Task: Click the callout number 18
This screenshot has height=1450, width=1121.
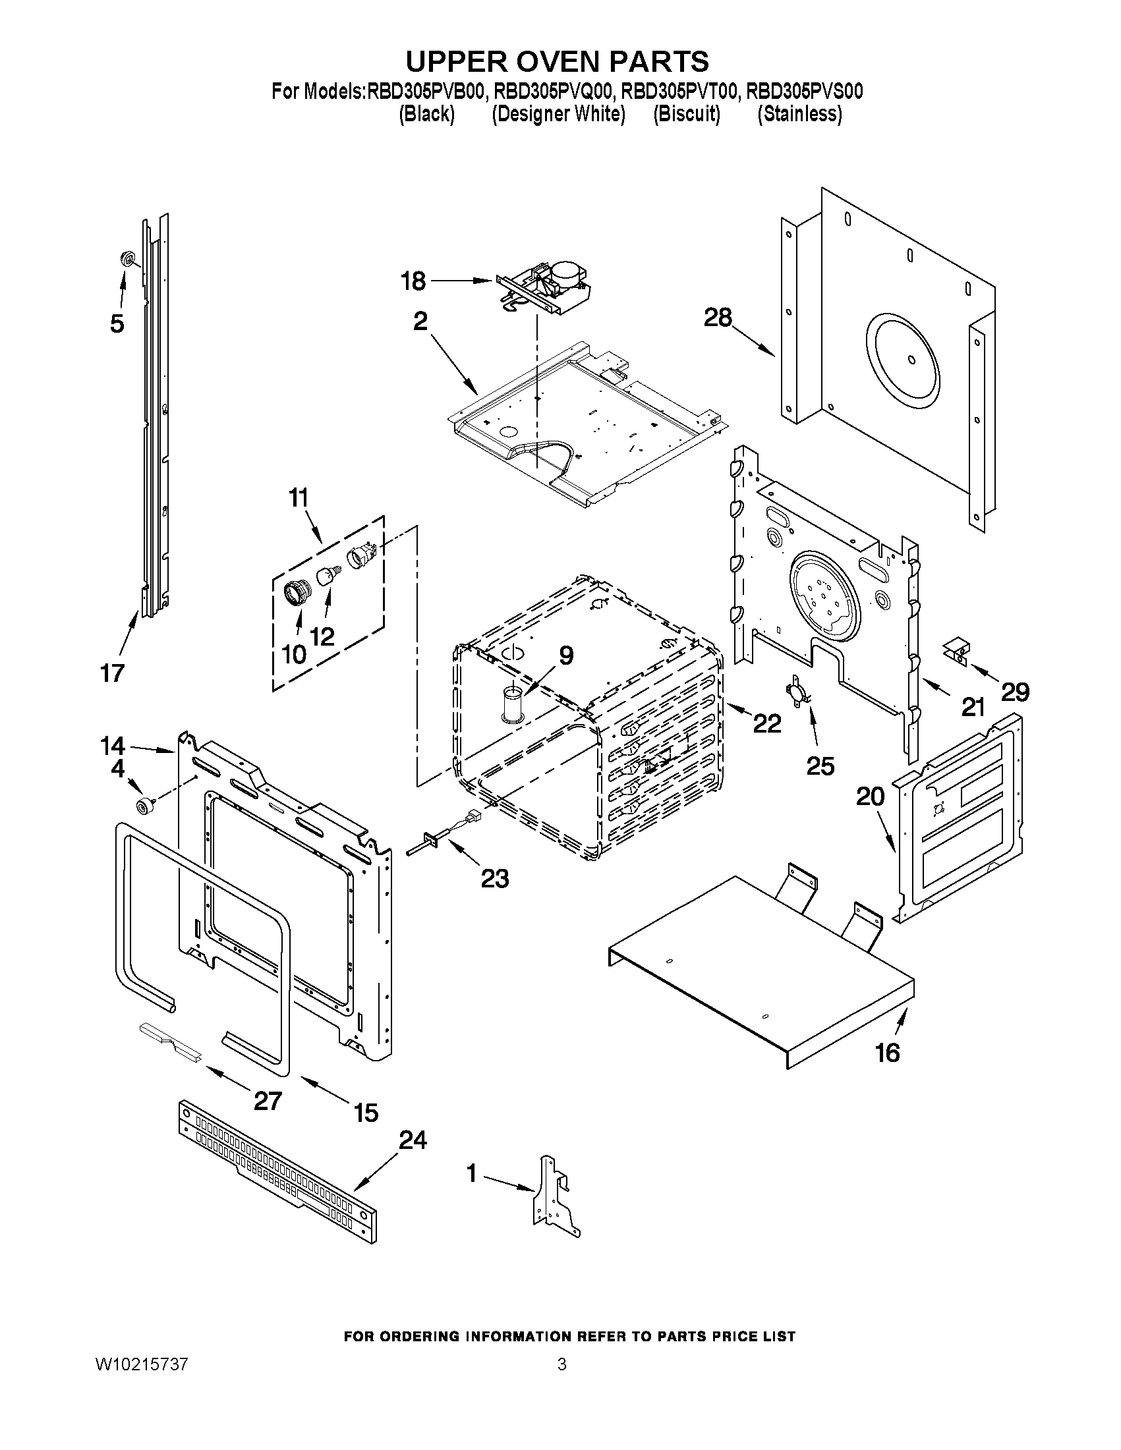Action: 413,281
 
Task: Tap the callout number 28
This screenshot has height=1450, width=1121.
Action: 717,318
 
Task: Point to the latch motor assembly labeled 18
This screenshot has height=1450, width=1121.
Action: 544,287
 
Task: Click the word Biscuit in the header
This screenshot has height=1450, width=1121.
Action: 687,114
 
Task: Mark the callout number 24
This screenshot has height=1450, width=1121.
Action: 412,1140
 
